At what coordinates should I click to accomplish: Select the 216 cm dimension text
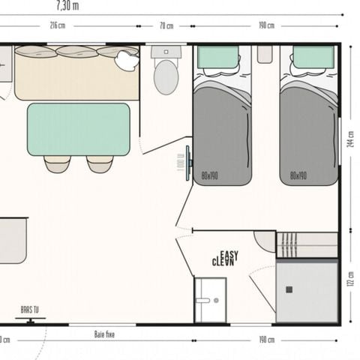(x=58, y=25)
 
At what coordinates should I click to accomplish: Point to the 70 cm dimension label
(x=166, y=25)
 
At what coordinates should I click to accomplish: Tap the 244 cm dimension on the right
(x=351, y=139)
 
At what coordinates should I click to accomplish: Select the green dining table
(x=78, y=129)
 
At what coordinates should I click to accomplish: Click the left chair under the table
(x=57, y=163)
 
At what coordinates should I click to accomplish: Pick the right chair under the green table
(x=99, y=163)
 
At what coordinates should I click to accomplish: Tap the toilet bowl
(x=166, y=76)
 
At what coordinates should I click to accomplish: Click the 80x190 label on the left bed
(x=211, y=176)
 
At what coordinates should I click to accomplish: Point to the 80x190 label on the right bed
(x=298, y=176)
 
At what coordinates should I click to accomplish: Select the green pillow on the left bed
(x=217, y=57)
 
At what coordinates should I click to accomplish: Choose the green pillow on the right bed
(x=313, y=57)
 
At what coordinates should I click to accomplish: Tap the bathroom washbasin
(x=210, y=300)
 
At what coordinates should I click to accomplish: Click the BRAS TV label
(x=30, y=309)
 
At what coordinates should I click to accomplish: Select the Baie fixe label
(x=104, y=334)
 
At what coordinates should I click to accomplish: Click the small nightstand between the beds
(x=264, y=54)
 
